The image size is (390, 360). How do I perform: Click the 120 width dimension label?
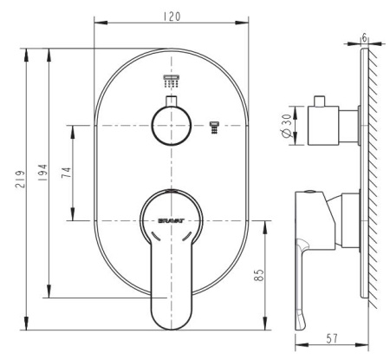pyautogui.click(x=172, y=16)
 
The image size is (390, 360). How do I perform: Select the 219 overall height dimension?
pyautogui.click(x=20, y=180)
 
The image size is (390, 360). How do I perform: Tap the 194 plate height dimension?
pyautogui.click(x=42, y=173)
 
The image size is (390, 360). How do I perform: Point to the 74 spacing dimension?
pyautogui.click(x=66, y=173)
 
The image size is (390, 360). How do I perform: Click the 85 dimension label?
pyautogui.click(x=258, y=275)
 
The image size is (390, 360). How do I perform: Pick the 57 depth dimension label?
pyautogui.click(x=332, y=338)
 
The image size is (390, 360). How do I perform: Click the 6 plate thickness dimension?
pyautogui.click(x=364, y=37)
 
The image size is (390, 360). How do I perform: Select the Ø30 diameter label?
pyautogui.click(x=286, y=126)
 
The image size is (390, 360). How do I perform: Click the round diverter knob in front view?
pyautogui.click(x=171, y=125)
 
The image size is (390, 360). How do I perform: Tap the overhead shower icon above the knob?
pyautogui.click(x=172, y=81)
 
